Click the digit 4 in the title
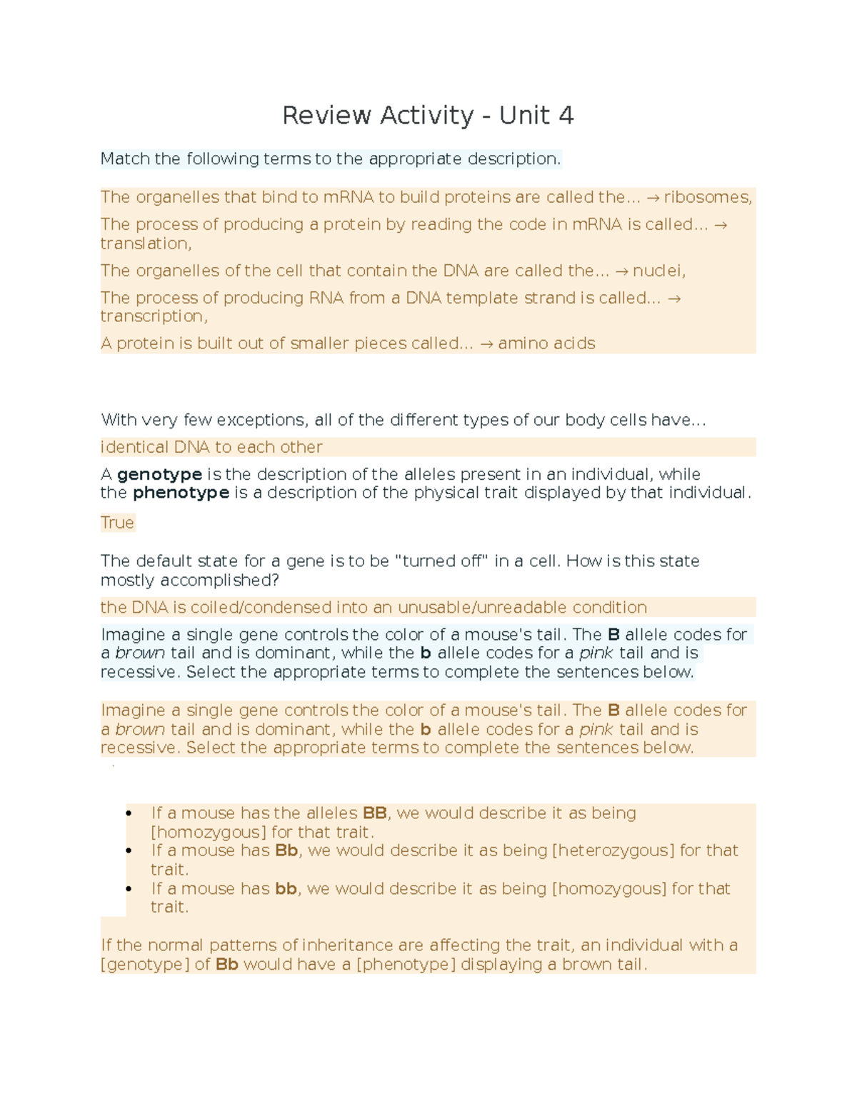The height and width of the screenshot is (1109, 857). click(x=566, y=116)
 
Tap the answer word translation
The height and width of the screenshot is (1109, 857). click(x=145, y=244)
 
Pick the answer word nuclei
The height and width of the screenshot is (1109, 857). click(x=658, y=271)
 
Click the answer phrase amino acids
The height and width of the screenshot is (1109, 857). click(x=546, y=343)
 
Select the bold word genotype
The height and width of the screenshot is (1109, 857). click(x=159, y=475)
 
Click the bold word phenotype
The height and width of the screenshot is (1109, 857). click(x=181, y=493)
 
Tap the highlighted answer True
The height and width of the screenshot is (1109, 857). click(x=117, y=523)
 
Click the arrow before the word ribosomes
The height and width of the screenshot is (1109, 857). click(x=652, y=198)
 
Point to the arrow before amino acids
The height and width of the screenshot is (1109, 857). click(x=486, y=343)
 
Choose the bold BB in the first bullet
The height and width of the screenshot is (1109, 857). click(x=375, y=813)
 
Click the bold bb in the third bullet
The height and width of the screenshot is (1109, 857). click(x=286, y=889)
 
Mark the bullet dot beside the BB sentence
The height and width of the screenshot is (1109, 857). click(x=129, y=813)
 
